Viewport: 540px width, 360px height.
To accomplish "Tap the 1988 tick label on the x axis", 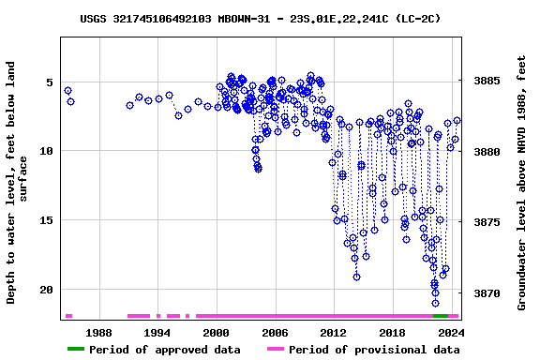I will tap(98, 333).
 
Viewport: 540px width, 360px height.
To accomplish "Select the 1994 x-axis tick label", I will tap(157, 333).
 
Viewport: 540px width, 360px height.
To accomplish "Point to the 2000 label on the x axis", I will tap(216, 333).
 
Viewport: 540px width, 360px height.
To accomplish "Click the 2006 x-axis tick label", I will tap(275, 333).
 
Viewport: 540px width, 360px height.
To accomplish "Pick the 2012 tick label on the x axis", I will tap(333, 333).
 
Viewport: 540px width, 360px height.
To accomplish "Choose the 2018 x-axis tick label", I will tap(392, 333).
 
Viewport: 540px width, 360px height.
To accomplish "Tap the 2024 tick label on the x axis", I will tap(450, 333).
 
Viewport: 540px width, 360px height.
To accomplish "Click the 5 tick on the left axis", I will tap(49, 82).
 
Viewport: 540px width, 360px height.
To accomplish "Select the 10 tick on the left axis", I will tap(45, 151).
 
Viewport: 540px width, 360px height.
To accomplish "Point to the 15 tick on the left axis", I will tap(45, 220).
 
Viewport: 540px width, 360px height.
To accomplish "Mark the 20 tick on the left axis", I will tap(45, 290).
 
